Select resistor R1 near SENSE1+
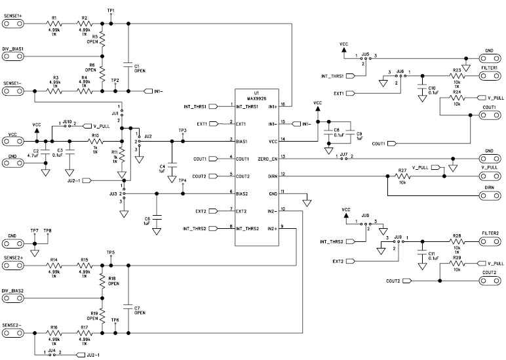(54, 24)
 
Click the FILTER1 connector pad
(489, 75)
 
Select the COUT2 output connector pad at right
(489, 280)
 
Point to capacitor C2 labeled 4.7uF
(45, 152)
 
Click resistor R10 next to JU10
(96, 140)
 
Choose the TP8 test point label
(47, 231)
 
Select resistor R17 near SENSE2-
(83, 334)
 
